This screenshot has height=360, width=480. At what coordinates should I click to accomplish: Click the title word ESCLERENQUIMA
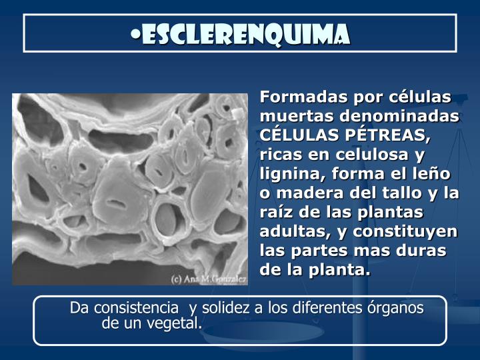point(245,34)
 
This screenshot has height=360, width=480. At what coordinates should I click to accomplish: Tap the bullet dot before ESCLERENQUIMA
point(135,34)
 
